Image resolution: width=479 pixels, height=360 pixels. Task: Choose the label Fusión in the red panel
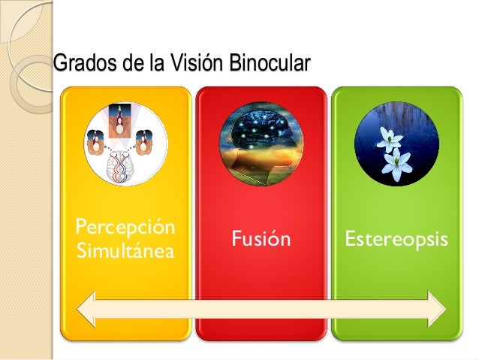(261, 240)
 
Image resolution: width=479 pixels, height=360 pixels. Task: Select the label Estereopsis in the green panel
(396, 240)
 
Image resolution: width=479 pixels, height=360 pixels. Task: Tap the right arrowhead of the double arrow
(436, 309)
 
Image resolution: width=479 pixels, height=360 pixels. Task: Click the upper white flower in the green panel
(390, 138)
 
